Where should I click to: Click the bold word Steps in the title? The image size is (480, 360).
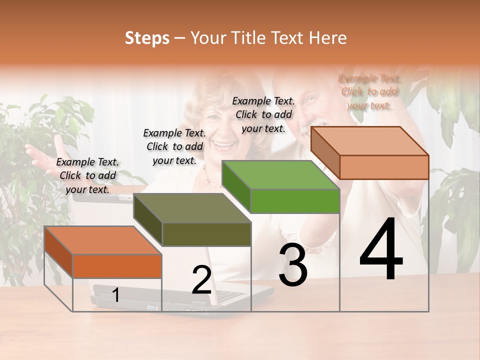(147, 38)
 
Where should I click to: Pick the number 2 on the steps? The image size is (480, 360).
(201, 280)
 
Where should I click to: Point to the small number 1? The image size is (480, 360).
(116, 295)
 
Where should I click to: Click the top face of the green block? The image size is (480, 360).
(280, 175)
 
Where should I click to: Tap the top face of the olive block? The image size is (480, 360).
(192, 208)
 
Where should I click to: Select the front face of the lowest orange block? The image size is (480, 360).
(117, 266)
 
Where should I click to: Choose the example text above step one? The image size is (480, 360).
(88, 175)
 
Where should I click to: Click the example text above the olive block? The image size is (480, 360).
(175, 146)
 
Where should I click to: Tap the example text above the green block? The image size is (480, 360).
(263, 114)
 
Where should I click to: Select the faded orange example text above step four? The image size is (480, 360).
(369, 92)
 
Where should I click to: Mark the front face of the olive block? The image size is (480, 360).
(206, 234)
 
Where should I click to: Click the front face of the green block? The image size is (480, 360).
(295, 201)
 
